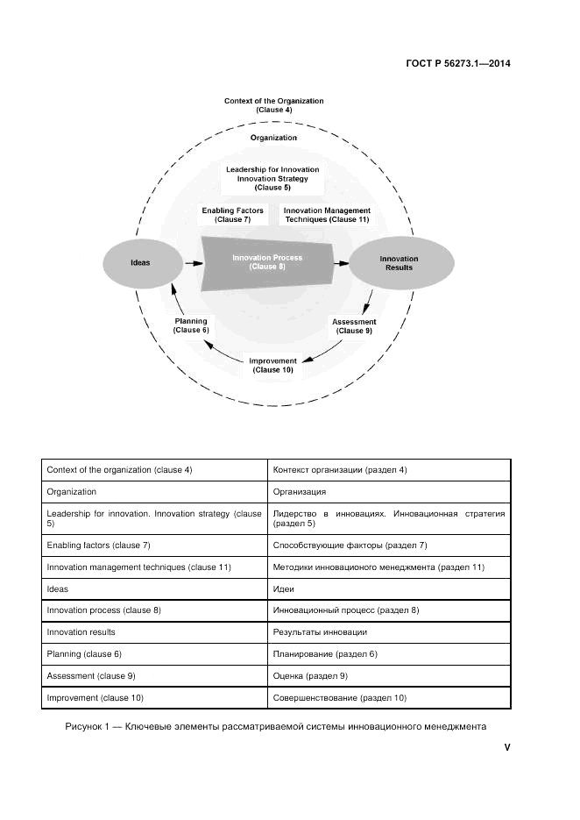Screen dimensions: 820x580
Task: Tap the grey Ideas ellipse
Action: click(140, 262)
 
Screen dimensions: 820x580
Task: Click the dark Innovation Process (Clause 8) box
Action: click(267, 262)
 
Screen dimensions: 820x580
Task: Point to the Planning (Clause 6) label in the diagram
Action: click(191, 325)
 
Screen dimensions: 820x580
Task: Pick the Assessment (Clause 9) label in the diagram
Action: click(354, 326)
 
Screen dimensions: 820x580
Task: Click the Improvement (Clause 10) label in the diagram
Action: click(273, 365)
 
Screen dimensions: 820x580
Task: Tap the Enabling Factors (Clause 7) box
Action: click(227, 215)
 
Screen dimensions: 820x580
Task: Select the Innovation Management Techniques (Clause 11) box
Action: click(326, 215)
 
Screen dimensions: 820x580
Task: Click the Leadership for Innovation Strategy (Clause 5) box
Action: click(272, 178)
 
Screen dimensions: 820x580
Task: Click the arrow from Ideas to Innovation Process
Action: click(190, 261)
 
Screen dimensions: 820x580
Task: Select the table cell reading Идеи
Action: click(389, 588)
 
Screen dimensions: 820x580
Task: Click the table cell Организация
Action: click(389, 492)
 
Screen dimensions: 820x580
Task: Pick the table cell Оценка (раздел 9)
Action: click(389, 675)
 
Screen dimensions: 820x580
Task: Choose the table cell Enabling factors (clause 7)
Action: click(155, 545)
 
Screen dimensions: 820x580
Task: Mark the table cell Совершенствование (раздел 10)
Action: click(389, 697)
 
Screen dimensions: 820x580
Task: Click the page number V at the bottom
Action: click(506, 747)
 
